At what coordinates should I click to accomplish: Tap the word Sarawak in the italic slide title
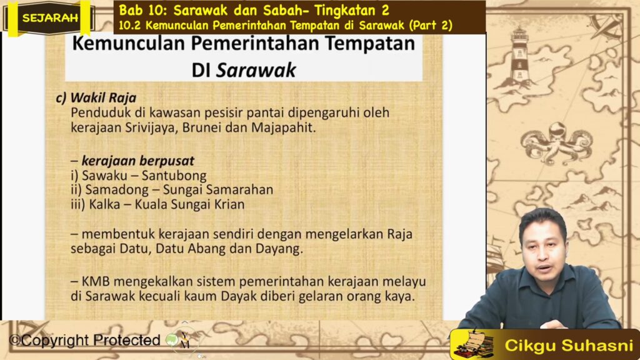tap(256, 70)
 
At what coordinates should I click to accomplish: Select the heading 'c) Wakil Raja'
tap(96, 98)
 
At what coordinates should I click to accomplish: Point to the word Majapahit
tap(283, 127)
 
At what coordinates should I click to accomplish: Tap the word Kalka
tap(104, 204)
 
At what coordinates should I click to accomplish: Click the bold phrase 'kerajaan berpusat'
tap(138, 161)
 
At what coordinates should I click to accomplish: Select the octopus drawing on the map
tap(556, 142)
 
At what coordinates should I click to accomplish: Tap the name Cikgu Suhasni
tap(569, 345)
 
